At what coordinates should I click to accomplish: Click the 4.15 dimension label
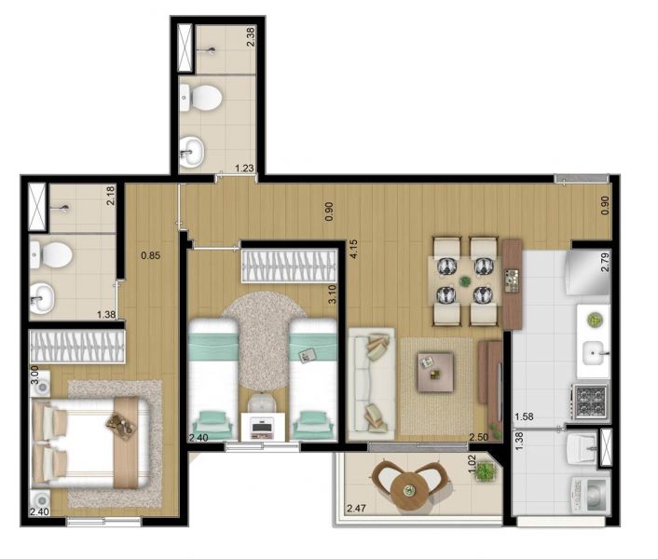tap(353, 249)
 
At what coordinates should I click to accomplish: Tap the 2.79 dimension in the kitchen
tap(605, 263)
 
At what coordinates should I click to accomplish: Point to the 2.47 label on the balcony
tap(356, 509)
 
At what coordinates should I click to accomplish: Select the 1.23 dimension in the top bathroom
tap(244, 168)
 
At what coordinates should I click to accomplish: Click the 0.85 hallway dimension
tap(151, 255)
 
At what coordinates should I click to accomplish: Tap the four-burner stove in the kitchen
tap(590, 402)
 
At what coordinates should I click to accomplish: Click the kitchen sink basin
tap(594, 353)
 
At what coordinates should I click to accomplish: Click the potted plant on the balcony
tap(486, 470)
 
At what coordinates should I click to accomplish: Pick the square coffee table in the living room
tap(435, 372)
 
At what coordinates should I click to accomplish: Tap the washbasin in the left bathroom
tap(42, 297)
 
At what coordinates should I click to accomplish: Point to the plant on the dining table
tap(464, 281)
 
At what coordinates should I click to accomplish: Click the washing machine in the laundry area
tap(590, 496)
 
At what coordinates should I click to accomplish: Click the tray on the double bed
tap(121, 426)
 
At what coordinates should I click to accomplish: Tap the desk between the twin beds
tap(263, 427)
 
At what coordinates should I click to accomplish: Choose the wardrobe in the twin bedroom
tap(289, 266)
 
